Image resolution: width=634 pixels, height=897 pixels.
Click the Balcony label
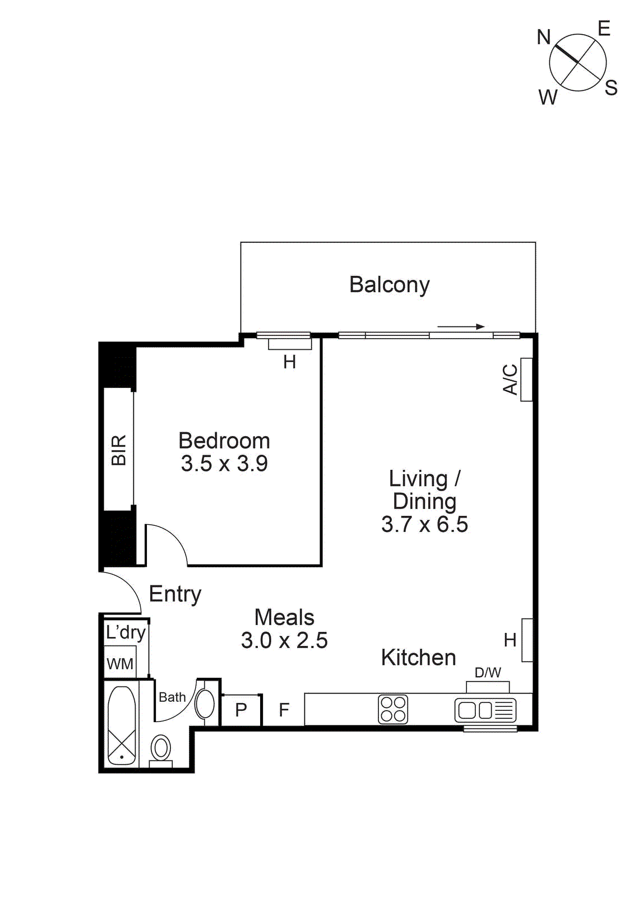(389, 285)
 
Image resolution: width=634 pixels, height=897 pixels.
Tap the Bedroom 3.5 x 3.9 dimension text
(224, 464)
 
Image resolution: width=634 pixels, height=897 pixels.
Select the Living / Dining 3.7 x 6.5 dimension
(424, 525)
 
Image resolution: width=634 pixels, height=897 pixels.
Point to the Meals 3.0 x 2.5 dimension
(284, 640)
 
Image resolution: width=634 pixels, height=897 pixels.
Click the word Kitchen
(418, 658)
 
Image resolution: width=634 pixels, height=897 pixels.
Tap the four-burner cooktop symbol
(393, 709)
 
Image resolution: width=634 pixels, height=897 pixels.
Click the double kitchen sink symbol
(485, 710)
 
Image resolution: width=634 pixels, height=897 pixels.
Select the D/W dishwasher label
(488, 672)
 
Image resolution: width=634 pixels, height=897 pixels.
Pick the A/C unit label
(510, 380)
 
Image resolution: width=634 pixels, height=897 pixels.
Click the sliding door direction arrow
(461, 326)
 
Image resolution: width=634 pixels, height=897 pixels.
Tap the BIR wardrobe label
(119, 450)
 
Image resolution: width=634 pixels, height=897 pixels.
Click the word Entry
(175, 594)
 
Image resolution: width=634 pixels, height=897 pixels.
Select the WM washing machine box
(120, 664)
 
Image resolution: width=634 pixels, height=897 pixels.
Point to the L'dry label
(126, 632)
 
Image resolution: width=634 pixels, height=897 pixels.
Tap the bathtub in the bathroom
(121, 725)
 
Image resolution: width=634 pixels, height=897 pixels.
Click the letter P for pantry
(241, 710)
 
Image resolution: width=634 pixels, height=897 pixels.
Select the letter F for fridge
(284, 710)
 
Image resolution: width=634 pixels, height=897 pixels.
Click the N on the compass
(544, 38)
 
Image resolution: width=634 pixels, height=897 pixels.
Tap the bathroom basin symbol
(205, 704)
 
